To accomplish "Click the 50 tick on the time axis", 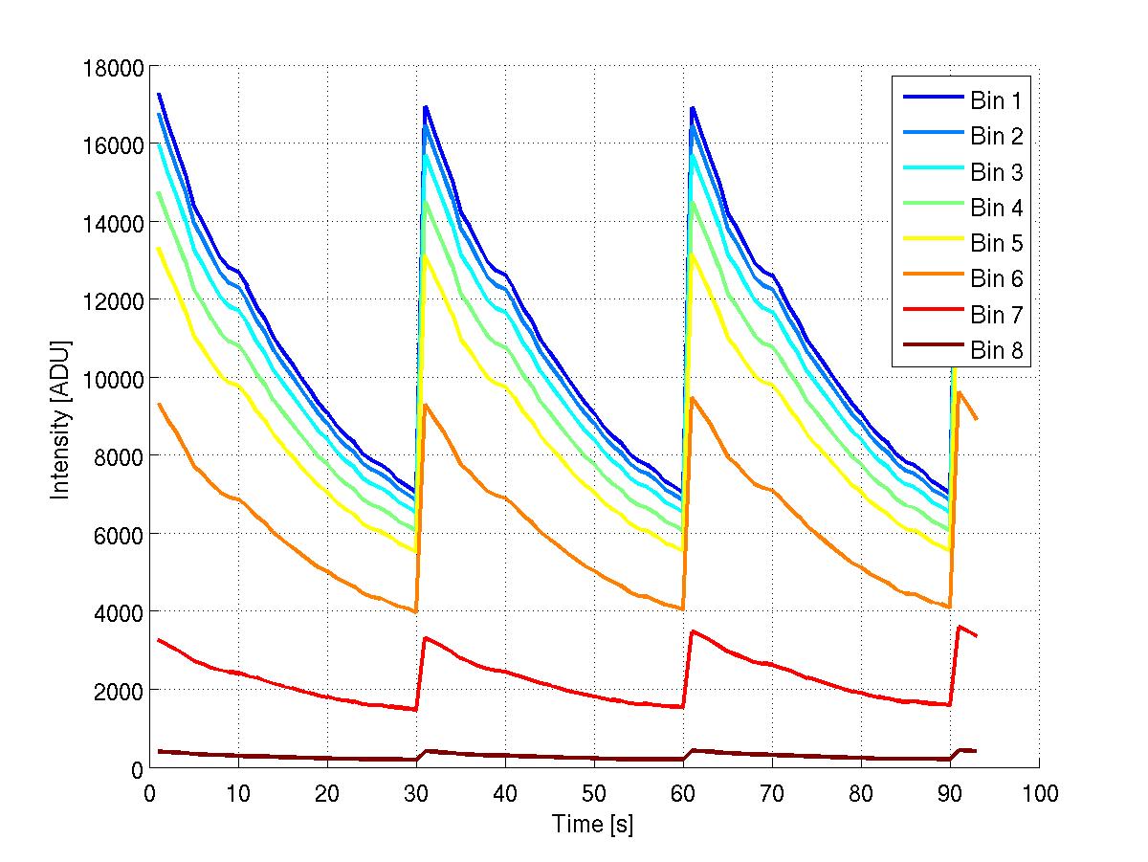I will (x=594, y=793).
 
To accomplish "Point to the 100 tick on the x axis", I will (x=1039, y=793).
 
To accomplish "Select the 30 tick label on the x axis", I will (x=416, y=793).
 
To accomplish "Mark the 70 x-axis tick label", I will (x=772, y=793).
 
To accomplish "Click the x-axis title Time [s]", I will (x=592, y=824).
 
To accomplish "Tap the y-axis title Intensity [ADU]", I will (x=61, y=416).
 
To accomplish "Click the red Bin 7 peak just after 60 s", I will (x=693, y=631).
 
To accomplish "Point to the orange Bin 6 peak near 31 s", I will (x=426, y=405).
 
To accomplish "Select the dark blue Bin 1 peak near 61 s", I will (x=692, y=108).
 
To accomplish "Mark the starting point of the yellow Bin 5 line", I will (x=159, y=249).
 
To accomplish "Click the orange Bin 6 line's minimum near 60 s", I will (x=683, y=608).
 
